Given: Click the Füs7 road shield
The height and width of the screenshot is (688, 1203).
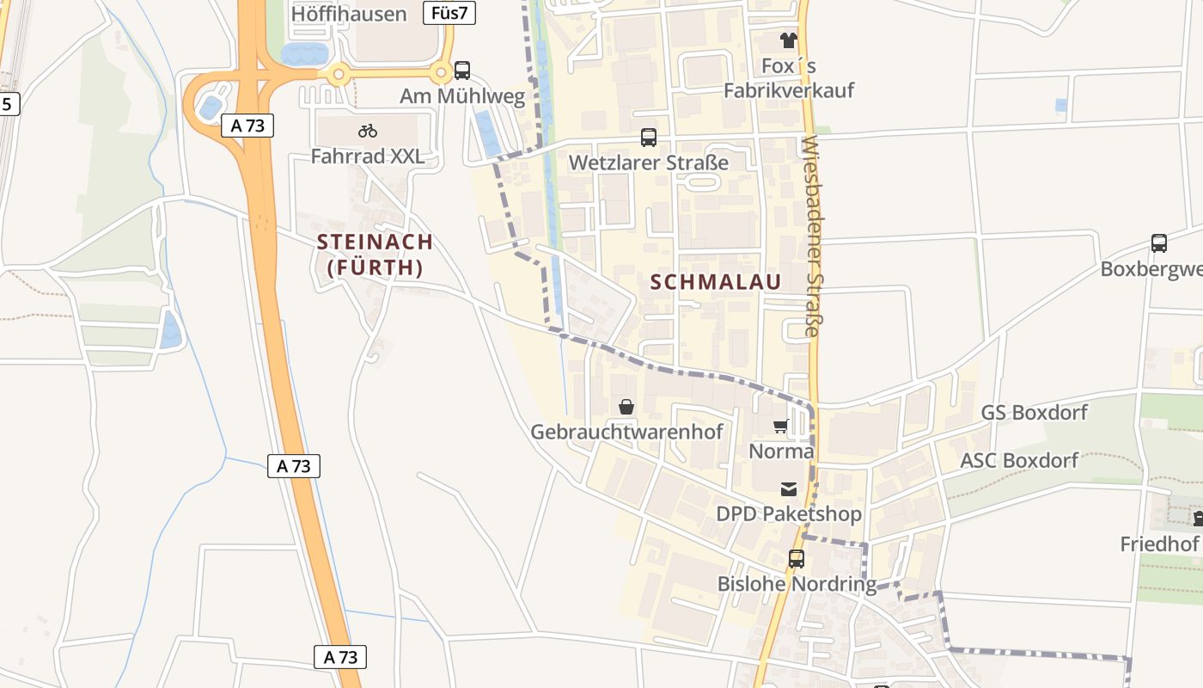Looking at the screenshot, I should pos(449,12).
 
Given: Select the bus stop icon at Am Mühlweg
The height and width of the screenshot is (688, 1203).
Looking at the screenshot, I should pos(462,71).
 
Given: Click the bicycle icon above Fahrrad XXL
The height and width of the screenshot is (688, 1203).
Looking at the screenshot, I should pos(368,131).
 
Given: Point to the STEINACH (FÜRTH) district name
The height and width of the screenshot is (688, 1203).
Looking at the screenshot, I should pos(375,255).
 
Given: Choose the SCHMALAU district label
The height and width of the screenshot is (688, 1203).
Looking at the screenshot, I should pos(716,282).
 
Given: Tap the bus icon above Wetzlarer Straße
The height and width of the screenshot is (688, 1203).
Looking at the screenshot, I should pos(649,138).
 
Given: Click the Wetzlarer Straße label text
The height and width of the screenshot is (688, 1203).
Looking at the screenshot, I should pos(649,163).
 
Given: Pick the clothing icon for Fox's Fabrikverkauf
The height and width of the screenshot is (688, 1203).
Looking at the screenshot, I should pos(789,40).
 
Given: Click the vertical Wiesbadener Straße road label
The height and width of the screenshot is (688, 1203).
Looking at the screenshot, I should pos(812,236).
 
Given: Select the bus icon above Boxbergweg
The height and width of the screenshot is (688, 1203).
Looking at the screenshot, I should pos(1159,243).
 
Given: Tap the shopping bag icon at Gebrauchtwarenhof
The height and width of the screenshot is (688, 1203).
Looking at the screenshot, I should pos(626,406).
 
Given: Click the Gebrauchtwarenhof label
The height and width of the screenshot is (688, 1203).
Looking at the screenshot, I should pos(626,432).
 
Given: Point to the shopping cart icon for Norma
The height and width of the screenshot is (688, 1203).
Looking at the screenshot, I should pos(781,426).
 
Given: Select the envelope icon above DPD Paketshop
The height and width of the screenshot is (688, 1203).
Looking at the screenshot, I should pos(788,489).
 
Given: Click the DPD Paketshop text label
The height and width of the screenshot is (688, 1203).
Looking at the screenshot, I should pos(788,514).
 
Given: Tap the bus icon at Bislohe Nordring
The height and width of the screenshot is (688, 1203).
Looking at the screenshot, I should pos(797,559).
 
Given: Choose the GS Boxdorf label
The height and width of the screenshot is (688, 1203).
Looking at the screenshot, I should pos(1035,413).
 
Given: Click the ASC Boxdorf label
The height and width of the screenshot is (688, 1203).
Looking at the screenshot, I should pos(1018,460).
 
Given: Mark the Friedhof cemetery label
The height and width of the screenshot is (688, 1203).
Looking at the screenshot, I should pos(1159,544).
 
